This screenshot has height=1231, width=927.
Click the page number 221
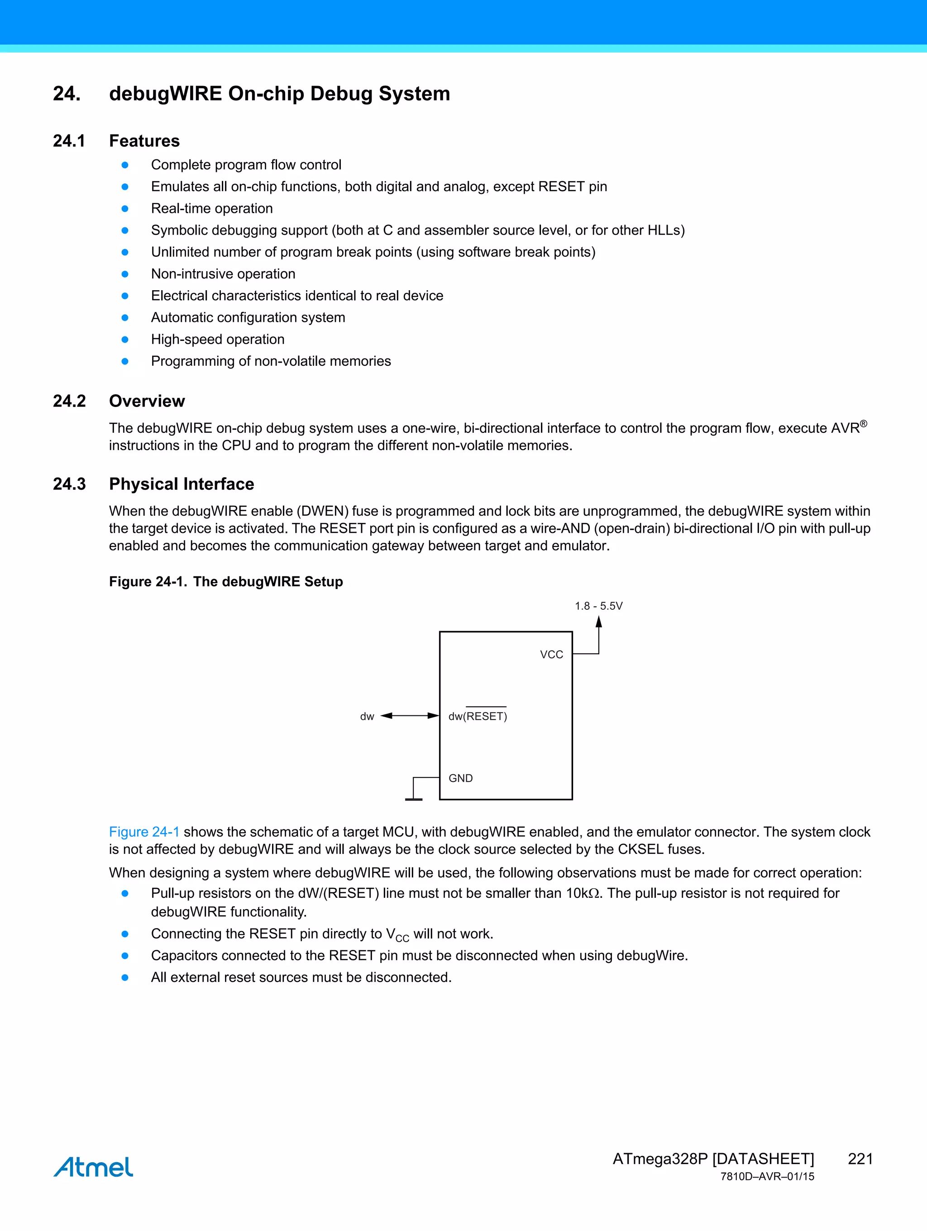click(x=860, y=1159)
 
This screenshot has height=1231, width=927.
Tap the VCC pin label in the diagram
click(x=551, y=655)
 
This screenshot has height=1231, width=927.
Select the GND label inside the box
click(x=461, y=778)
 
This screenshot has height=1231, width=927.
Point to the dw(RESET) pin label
click(x=478, y=716)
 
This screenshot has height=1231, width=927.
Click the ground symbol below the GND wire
click(x=413, y=799)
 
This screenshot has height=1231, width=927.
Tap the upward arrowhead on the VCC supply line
click(x=599, y=622)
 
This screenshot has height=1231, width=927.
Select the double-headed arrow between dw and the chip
click(x=410, y=716)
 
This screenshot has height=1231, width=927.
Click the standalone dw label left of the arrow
click(x=367, y=717)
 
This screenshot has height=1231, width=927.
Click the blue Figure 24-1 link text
click(x=144, y=832)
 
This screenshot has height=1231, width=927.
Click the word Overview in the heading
click(x=147, y=401)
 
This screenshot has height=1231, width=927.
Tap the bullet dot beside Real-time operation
click(x=125, y=209)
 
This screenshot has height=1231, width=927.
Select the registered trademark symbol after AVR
click(x=863, y=424)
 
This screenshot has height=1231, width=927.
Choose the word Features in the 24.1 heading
click(x=144, y=141)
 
